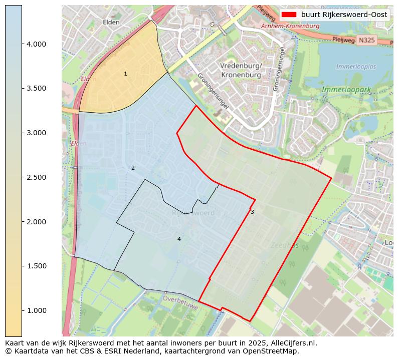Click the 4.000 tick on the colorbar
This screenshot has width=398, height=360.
tap(36, 44)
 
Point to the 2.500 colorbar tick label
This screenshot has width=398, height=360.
tap(36, 177)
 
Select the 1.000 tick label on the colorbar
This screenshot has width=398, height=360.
tap(36, 310)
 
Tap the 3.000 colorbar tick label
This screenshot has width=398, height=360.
tap(36, 133)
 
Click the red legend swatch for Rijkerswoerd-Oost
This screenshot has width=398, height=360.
tap(289, 15)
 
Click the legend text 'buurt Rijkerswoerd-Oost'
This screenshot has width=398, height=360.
tap(344, 15)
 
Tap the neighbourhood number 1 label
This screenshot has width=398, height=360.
tap(125, 74)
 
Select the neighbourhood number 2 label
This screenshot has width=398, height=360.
tap(133, 168)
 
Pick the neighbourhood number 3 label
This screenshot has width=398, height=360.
tap(252, 212)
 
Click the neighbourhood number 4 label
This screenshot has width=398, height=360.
tap(179, 239)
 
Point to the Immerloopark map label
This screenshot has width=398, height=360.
tap(346, 90)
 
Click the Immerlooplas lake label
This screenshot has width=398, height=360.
tap(356, 67)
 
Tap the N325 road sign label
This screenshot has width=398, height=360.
tap(367, 40)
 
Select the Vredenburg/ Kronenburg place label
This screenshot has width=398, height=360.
tap(241, 70)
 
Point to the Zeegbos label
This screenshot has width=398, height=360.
tap(285, 245)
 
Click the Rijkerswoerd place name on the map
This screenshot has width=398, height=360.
tap(193, 213)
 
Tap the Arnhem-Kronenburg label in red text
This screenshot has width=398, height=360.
tap(290, 26)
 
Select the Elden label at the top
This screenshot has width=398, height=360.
tap(111, 22)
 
